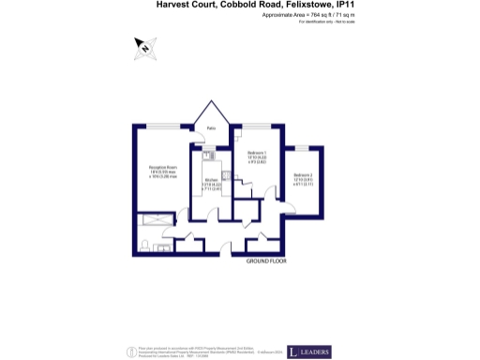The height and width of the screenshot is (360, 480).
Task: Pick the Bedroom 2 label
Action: click(303, 175)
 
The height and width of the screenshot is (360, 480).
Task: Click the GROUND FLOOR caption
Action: click(266, 262)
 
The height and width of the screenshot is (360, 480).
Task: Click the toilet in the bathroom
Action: click(145, 245)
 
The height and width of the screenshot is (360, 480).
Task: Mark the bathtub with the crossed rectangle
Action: click(154, 220)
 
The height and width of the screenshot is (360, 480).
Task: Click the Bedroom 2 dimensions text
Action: click(303, 183)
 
